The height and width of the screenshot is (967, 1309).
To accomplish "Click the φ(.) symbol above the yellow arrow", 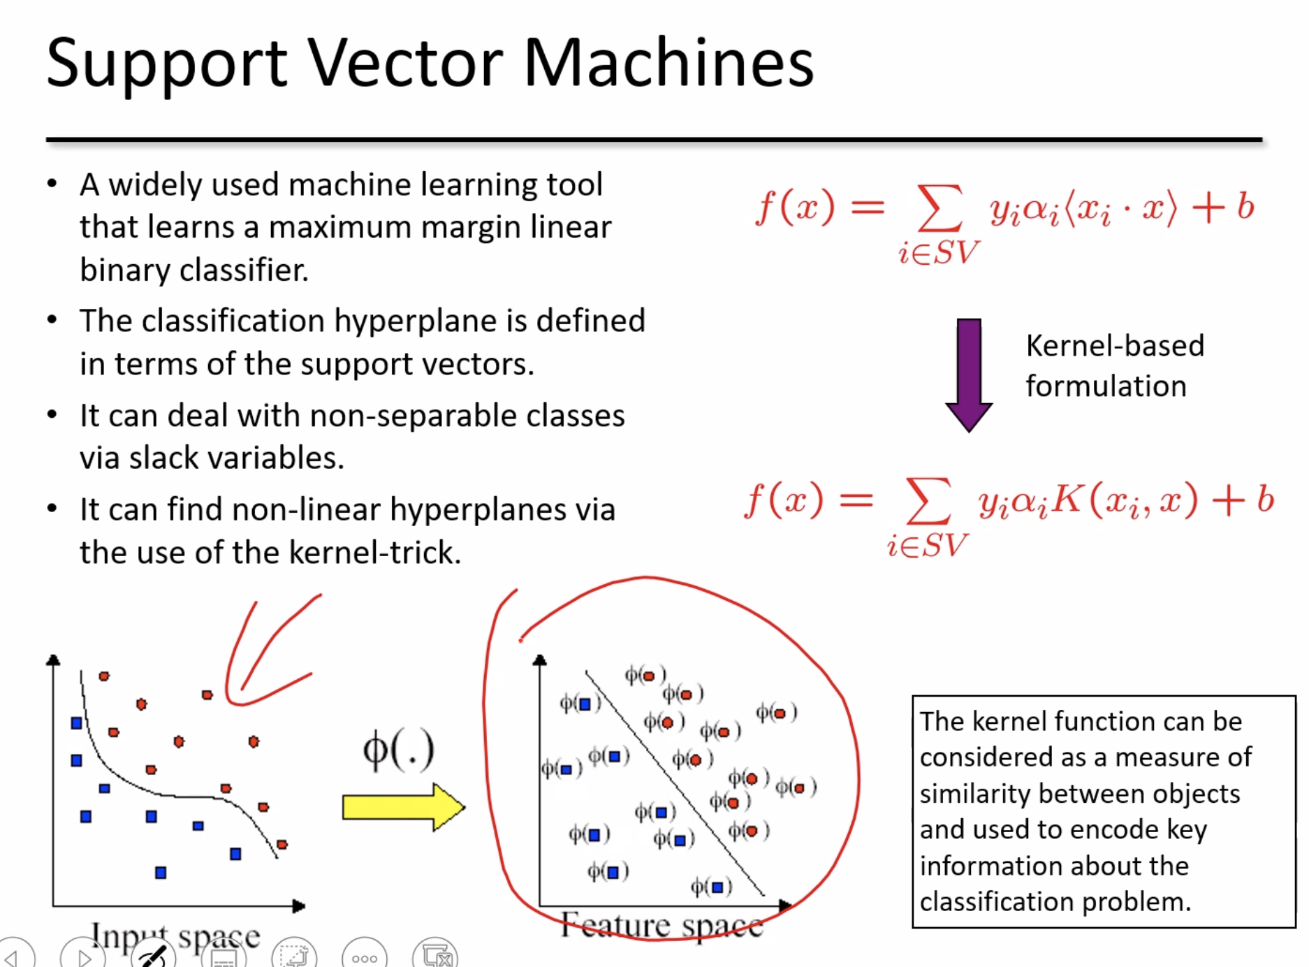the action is [x=398, y=751].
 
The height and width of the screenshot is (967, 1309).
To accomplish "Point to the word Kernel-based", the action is [x=1115, y=346].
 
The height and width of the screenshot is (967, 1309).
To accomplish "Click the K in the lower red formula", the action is [x=1067, y=500].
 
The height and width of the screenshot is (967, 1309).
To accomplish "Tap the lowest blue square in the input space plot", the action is [x=161, y=873].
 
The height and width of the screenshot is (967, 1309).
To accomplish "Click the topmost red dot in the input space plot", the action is [x=104, y=676].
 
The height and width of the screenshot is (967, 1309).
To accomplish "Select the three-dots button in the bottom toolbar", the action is [x=365, y=958].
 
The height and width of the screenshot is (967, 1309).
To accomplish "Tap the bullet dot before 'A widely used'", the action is [x=52, y=184].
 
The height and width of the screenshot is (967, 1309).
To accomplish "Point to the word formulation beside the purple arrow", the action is [x=1106, y=386].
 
